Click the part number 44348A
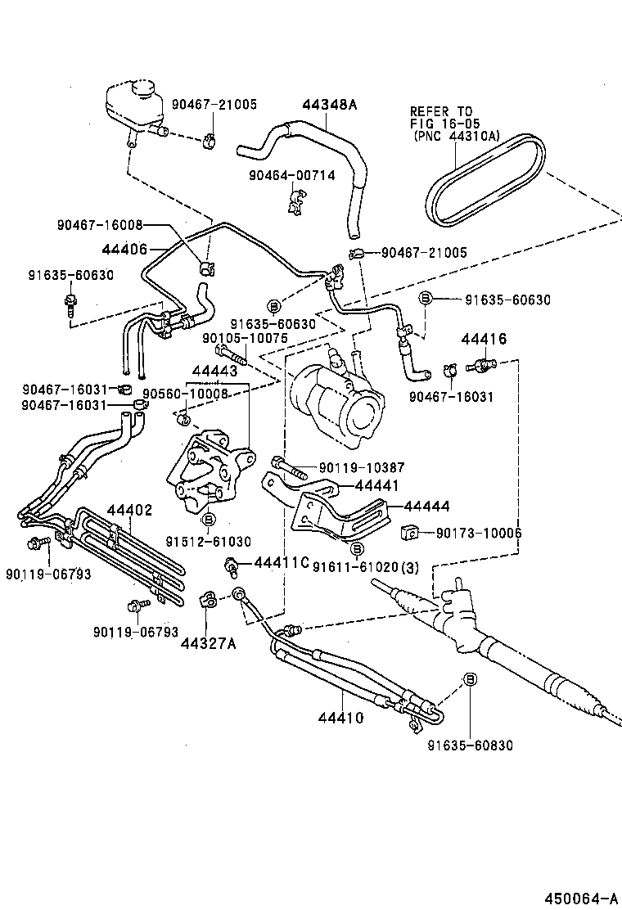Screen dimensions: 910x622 (x=330, y=106)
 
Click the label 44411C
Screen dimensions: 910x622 (x=281, y=562)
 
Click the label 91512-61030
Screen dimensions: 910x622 (x=208, y=541)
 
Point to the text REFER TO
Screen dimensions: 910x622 (x=441, y=110)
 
